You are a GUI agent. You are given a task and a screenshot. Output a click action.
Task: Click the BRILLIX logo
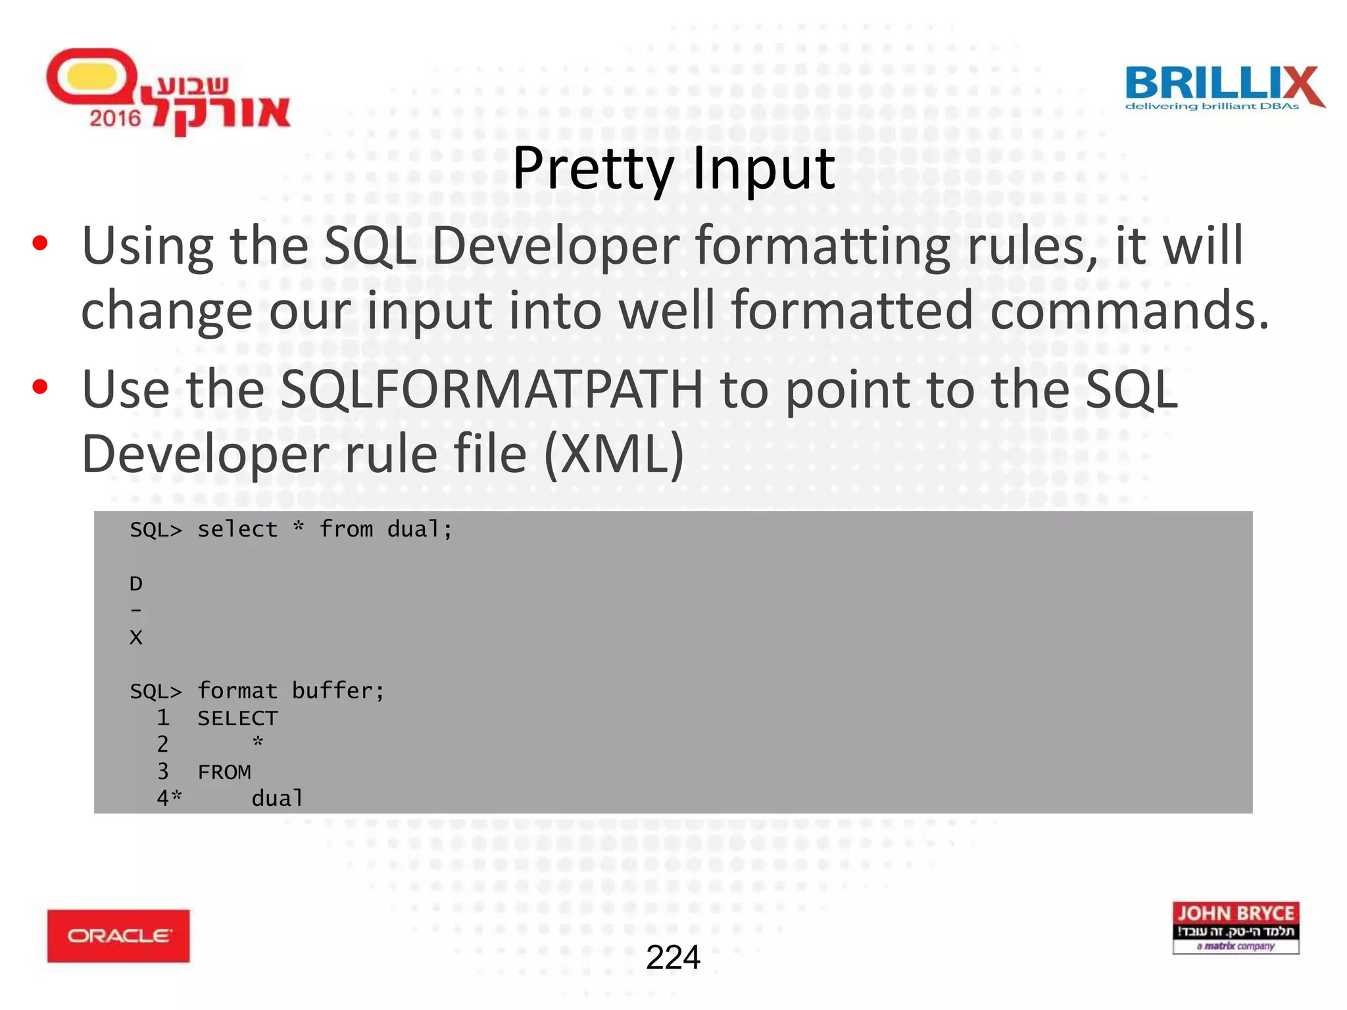tap(1223, 87)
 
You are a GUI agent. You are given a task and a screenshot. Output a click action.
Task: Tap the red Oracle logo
tap(118, 935)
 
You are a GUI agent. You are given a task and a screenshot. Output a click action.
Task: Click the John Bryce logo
tap(1235, 927)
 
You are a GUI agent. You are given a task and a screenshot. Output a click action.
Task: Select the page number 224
tap(673, 957)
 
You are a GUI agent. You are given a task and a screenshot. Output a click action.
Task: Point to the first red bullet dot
tap(40, 243)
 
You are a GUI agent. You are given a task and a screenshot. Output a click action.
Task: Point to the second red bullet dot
tap(40, 387)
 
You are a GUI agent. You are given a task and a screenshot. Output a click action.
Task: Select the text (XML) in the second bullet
tap(614, 454)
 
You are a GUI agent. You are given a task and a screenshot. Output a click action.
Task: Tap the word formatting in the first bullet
tap(822, 246)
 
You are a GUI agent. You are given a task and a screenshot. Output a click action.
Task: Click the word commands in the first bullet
tap(1129, 310)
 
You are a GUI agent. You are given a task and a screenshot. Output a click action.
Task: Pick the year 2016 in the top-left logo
tap(115, 118)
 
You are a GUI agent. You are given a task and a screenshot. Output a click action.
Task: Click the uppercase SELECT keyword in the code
tap(237, 718)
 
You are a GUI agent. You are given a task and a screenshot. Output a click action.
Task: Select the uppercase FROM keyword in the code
tap(224, 772)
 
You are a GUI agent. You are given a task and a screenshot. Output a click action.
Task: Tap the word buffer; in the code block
tap(338, 691)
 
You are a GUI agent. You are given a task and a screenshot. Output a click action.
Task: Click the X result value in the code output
tap(136, 637)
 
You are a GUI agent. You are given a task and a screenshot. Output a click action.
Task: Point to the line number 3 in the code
tap(162, 771)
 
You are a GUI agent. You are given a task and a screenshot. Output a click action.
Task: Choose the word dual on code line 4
tap(278, 798)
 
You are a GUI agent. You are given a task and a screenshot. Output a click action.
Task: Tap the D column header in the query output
tap(136, 583)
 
